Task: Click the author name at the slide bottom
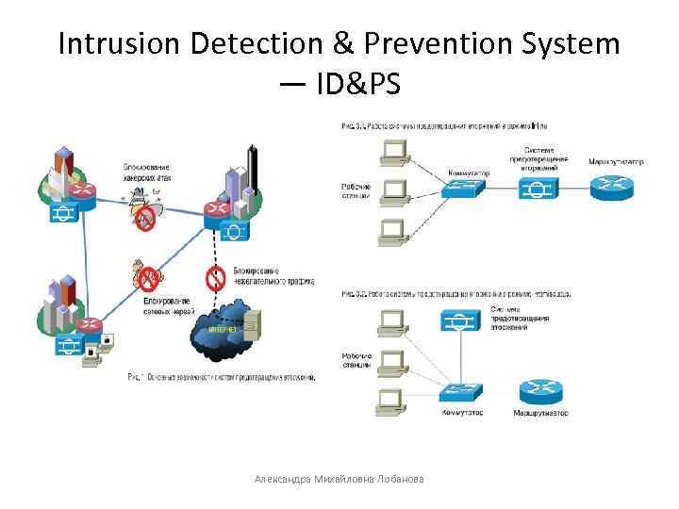point(339,480)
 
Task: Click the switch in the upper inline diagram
point(463,189)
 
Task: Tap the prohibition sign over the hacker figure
point(144,219)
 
